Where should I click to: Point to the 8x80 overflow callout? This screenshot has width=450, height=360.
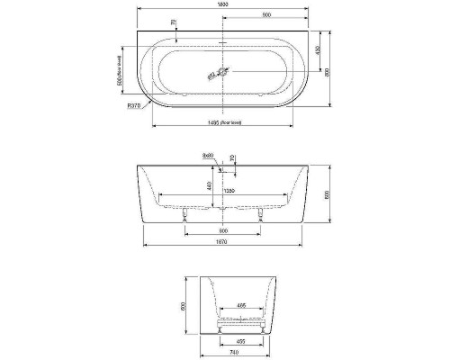click(x=209, y=156)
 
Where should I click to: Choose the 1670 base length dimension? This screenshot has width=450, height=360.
click(x=223, y=242)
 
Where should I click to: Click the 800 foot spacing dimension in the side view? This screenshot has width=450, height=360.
click(x=223, y=229)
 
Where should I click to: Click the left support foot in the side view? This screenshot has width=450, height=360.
click(x=185, y=216)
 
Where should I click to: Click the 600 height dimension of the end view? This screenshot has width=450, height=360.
click(x=186, y=306)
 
